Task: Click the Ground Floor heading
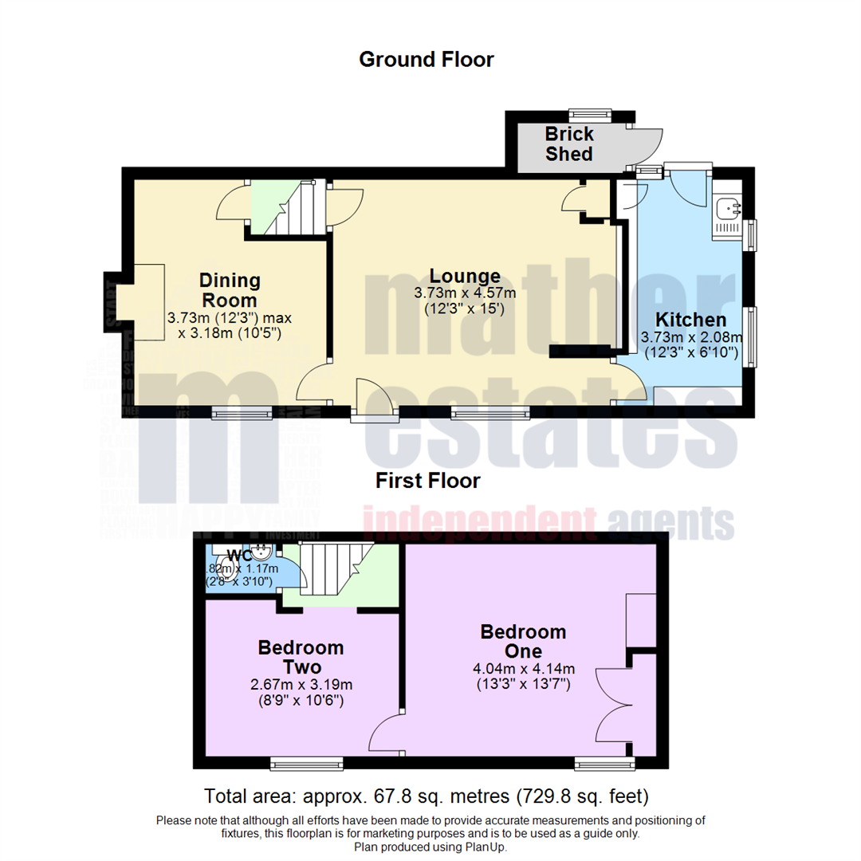[426, 60]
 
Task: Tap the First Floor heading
[428, 481]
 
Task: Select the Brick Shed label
[568, 143]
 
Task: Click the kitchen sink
[727, 210]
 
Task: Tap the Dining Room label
[229, 290]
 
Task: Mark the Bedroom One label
[523, 642]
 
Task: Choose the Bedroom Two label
[301, 657]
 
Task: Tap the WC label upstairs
[238, 555]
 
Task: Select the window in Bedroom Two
[306, 764]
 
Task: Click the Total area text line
[427, 796]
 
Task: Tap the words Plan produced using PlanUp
[431, 847]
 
